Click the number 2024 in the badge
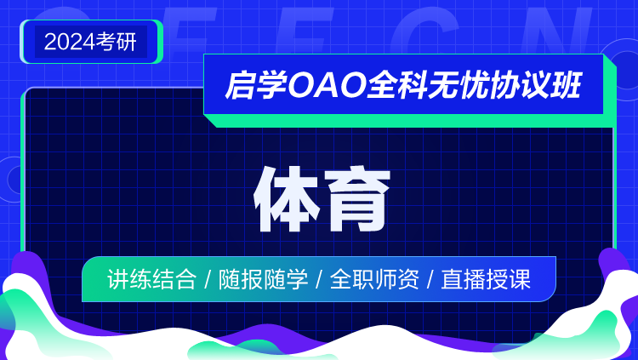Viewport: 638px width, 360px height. click(70, 42)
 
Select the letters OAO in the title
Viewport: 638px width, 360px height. click(327, 85)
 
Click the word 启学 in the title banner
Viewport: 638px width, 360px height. click(256, 85)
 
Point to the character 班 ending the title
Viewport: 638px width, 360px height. click(567, 85)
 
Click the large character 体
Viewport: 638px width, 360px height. click(286, 199)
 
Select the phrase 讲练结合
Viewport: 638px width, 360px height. click(151, 279)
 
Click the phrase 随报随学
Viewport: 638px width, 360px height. click(263, 279)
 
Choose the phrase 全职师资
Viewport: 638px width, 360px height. click(374, 279)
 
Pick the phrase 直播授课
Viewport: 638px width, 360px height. click(486, 279)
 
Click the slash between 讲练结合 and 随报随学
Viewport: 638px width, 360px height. click(208, 280)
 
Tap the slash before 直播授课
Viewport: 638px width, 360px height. click(430, 280)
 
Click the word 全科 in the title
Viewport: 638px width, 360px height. click(396, 85)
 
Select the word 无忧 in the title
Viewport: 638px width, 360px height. click(459, 85)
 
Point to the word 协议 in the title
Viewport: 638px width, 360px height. click(520, 85)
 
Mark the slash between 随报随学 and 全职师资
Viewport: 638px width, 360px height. click(319, 280)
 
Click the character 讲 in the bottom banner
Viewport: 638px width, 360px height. click(118, 279)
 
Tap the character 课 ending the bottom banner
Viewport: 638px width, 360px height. click(520, 279)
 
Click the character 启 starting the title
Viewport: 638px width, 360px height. click(241, 85)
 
